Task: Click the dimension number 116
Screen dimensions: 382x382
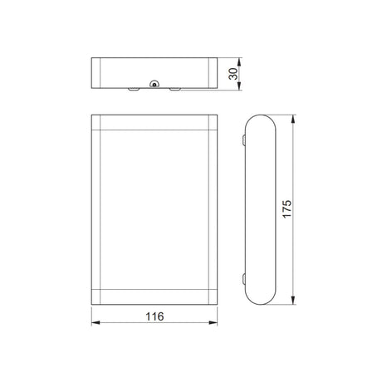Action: coord(155,316)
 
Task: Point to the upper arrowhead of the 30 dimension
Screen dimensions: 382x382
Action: coord(239,60)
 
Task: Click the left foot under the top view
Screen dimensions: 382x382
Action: coord(133,87)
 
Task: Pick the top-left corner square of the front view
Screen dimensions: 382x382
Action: coord(95,125)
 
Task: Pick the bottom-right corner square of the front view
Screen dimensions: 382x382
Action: coord(212,295)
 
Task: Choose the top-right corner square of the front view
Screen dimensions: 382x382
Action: coord(212,125)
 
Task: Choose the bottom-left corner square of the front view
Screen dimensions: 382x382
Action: coord(95,295)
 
